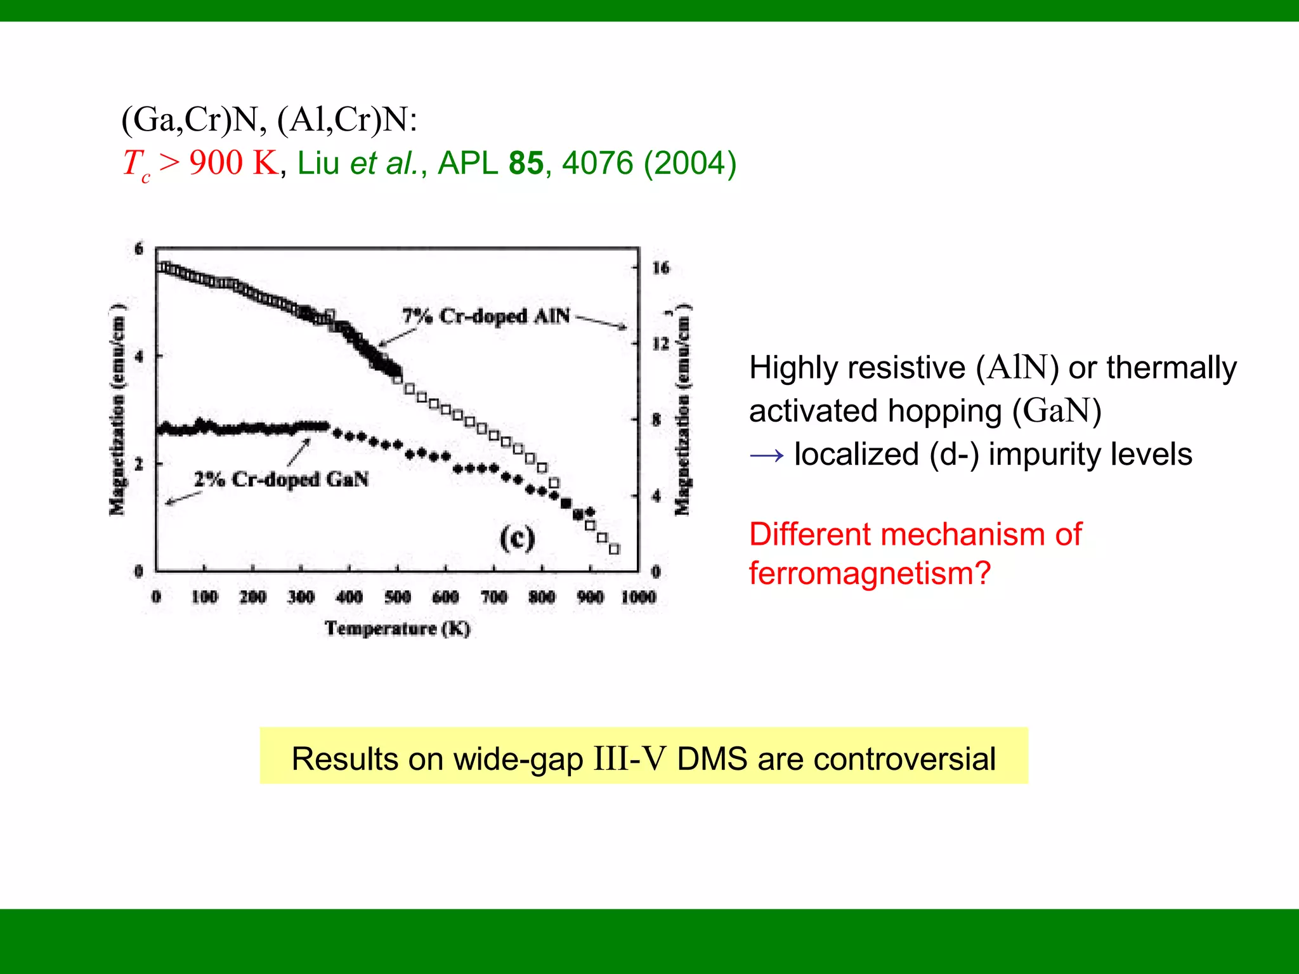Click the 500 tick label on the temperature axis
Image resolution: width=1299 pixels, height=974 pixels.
pyautogui.click(x=398, y=597)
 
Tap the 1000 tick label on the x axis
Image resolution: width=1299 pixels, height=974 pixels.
pyautogui.click(x=638, y=597)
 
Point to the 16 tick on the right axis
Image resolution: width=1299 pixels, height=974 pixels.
pyautogui.click(x=660, y=268)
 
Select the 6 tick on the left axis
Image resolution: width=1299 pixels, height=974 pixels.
pyautogui.click(x=139, y=249)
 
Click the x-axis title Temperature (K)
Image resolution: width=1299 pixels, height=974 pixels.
pyautogui.click(x=398, y=628)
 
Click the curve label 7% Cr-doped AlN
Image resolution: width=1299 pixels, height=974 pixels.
pyautogui.click(x=486, y=316)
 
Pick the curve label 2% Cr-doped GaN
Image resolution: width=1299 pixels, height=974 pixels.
pyautogui.click(x=281, y=479)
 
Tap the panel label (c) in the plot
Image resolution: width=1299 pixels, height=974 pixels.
pyautogui.click(x=517, y=538)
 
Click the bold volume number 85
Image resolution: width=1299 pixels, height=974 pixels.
pyautogui.click(x=526, y=163)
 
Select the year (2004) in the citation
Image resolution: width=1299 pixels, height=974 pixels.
pyautogui.click(x=689, y=163)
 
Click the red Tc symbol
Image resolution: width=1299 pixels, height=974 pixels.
pyautogui.click(x=136, y=164)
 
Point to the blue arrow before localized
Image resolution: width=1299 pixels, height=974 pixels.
pyautogui.click(x=766, y=455)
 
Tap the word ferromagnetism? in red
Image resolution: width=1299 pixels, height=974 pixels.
pyautogui.click(x=870, y=573)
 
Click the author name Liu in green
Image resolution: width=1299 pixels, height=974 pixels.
pyautogui.click(x=318, y=163)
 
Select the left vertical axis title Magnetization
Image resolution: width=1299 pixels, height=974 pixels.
pyautogui.click(x=117, y=410)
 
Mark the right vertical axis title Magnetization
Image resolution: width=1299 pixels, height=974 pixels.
pyautogui.click(x=682, y=410)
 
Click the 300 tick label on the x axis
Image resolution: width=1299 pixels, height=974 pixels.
pyautogui.click(x=301, y=597)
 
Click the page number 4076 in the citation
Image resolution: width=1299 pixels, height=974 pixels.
pyautogui.click(x=597, y=163)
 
